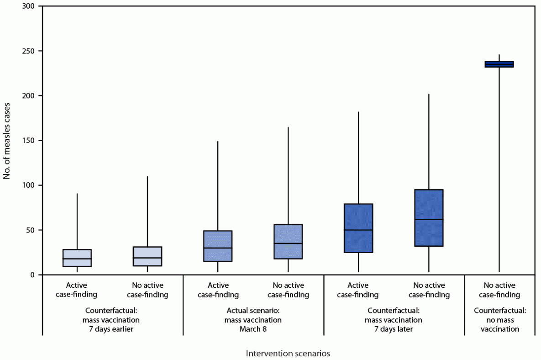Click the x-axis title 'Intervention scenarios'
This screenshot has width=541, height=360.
click(x=288, y=353)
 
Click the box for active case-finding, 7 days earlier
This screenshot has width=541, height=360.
click(x=77, y=258)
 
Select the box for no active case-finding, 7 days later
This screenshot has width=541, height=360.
click(x=429, y=218)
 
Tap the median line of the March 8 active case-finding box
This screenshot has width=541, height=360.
click(x=218, y=248)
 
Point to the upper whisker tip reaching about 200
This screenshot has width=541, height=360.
click(x=429, y=95)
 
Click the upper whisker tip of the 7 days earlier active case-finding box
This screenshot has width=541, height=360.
click(x=77, y=194)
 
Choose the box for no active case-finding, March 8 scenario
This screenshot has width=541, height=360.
click(x=288, y=242)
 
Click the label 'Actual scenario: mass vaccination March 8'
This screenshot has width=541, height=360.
click(x=253, y=320)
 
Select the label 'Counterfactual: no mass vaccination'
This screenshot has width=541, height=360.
click(x=500, y=320)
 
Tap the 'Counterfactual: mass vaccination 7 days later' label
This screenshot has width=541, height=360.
click(x=394, y=320)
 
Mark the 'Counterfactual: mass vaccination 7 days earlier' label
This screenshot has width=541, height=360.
click(x=112, y=320)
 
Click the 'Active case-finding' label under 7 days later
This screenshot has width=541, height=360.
click(x=358, y=290)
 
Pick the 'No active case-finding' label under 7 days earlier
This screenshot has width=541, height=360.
click(x=147, y=290)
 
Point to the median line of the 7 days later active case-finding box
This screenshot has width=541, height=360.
click(x=358, y=230)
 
